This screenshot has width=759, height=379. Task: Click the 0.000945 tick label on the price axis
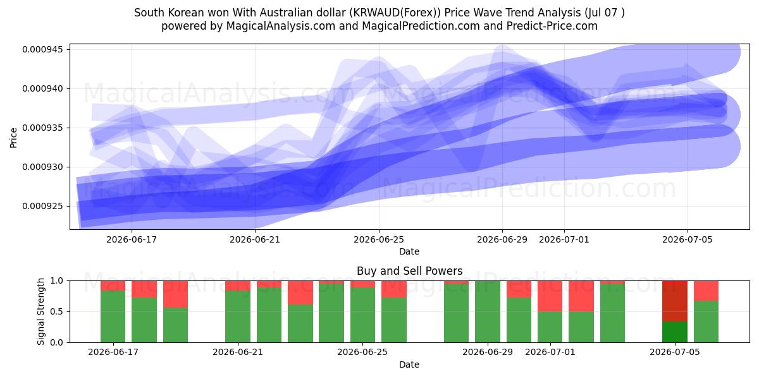42,49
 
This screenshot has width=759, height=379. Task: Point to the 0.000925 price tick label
42,206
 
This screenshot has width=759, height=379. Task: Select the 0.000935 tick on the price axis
42,128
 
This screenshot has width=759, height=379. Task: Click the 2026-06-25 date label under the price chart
379,239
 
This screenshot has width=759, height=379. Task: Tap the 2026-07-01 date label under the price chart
564,239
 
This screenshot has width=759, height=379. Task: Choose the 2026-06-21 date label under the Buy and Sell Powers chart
238,352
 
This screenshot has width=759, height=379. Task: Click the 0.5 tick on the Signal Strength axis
56,311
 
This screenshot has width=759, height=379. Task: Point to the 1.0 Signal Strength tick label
56,280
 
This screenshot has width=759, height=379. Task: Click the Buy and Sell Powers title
409,271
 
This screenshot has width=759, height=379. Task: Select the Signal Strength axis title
40,311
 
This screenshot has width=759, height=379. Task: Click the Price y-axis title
13,138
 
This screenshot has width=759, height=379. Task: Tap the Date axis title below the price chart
409,251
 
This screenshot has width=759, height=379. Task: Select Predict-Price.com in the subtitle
552,26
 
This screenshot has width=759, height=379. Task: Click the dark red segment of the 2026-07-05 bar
675,301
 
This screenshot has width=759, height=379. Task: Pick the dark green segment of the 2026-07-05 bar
675,332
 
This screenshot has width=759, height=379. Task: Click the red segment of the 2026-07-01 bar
550,296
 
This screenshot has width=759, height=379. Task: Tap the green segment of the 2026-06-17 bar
113,316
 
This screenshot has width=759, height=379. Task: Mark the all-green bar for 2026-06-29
488,311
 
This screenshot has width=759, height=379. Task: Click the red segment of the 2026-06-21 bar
238,286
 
